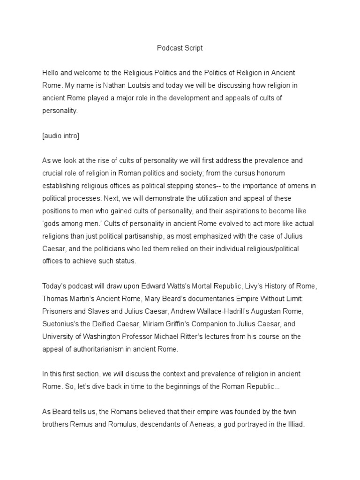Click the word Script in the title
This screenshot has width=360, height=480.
click(192, 48)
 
